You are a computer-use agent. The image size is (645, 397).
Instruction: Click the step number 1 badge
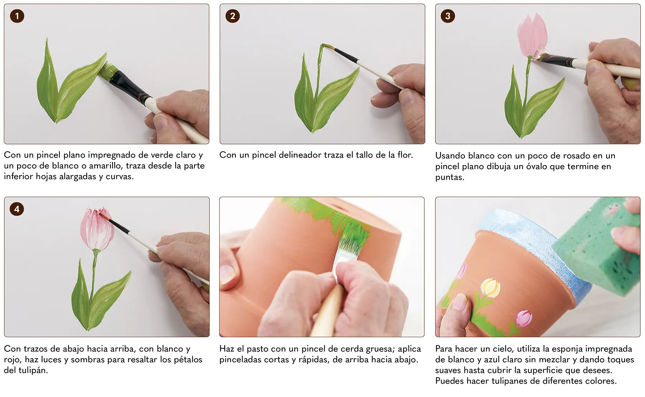click(x=17, y=16)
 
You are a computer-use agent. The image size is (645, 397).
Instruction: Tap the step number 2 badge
click(x=233, y=16)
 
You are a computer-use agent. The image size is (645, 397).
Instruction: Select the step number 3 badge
click(x=448, y=16)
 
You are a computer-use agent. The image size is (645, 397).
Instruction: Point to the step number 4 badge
click(x=17, y=209)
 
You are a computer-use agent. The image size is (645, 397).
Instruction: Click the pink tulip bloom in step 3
click(x=532, y=35)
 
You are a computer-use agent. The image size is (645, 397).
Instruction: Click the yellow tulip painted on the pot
click(x=491, y=288)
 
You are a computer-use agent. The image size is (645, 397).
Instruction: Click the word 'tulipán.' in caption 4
click(x=26, y=370)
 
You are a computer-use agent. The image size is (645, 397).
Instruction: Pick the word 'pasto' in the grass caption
click(x=257, y=349)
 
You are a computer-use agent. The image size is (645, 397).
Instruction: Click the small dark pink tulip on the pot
click(x=524, y=318)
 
